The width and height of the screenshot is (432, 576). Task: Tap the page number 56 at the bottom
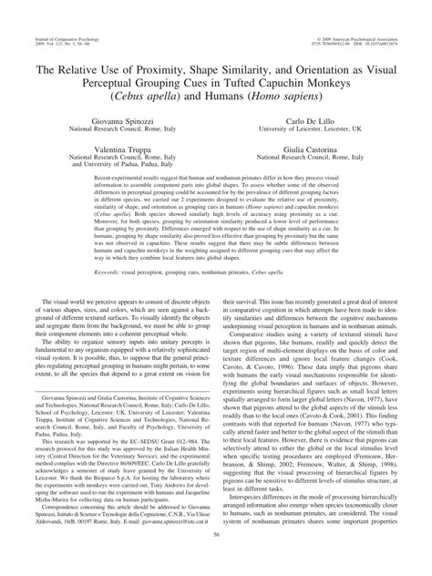[215, 562]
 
